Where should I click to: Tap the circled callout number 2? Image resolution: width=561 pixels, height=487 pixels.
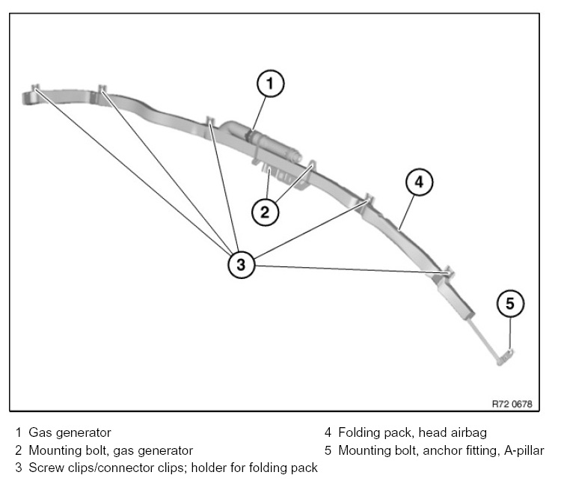click(264, 211)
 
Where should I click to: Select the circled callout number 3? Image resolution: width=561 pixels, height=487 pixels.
click(240, 263)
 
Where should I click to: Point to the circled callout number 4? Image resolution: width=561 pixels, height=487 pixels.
click(419, 182)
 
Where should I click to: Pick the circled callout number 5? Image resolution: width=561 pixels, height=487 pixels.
click(510, 303)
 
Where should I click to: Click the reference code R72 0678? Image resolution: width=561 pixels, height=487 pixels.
click(512, 404)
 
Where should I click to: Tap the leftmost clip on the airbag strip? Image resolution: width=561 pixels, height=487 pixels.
click(34, 90)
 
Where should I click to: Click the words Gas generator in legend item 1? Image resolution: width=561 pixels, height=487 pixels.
click(70, 432)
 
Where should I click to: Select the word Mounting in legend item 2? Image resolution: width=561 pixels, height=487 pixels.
click(54, 450)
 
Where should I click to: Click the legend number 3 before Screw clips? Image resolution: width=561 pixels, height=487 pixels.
click(18, 468)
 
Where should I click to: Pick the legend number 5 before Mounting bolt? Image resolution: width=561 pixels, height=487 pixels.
click(328, 450)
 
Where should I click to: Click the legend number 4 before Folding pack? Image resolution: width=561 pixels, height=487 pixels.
click(328, 432)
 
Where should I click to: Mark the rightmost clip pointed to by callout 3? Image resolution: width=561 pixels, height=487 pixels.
click(447, 271)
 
